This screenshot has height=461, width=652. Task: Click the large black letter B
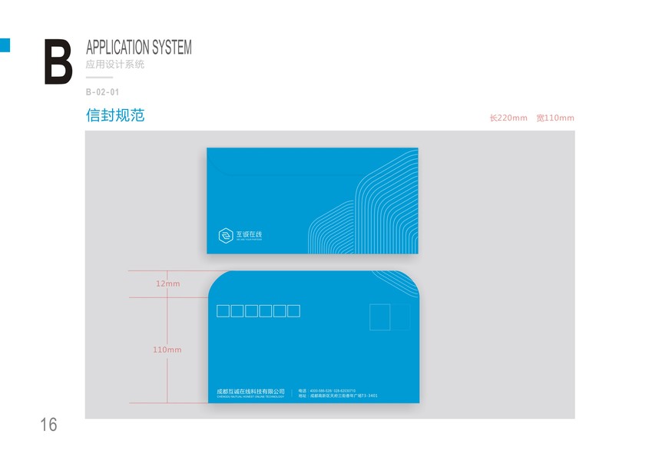58,61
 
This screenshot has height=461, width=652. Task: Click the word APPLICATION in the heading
117,47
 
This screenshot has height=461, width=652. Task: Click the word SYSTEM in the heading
171,47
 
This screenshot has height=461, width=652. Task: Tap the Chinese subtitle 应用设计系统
115,65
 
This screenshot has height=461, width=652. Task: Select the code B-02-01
102,92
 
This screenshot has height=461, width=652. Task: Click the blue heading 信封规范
115,116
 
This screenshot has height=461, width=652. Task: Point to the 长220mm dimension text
508,118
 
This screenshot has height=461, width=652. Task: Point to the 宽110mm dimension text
555,118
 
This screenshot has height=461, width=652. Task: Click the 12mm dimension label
167,284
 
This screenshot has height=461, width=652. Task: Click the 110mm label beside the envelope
167,350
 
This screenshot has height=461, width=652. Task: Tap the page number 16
48,424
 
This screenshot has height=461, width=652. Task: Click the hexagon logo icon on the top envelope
226,235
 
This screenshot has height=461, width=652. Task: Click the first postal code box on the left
223,311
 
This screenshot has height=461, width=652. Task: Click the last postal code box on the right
293,311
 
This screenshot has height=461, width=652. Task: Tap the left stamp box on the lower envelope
380,317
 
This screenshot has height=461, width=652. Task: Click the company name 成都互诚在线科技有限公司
251,391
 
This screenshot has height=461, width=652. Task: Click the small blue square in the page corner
5,45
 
